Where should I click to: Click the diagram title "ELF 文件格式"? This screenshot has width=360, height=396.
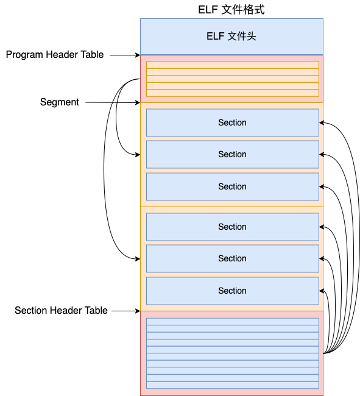[x=231, y=10]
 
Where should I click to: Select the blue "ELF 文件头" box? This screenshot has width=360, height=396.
[x=231, y=37]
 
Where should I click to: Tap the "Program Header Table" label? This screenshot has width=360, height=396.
[x=55, y=55]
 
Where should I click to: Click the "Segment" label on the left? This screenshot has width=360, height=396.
[x=60, y=102]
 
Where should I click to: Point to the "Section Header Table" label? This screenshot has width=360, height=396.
[x=61, y=310]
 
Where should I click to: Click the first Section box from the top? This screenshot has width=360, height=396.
[x=233, y=122]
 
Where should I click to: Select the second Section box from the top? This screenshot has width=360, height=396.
[x=233, y=154]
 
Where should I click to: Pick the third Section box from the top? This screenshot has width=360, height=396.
[x=233, y=186]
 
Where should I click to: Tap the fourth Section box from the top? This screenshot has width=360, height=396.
[x=233, y=227]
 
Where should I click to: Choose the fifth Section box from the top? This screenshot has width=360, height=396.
[x=233, y=258]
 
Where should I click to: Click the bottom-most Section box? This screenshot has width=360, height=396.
[x=233, y=291]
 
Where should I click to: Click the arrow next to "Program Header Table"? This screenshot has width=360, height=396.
[x=125, y=55]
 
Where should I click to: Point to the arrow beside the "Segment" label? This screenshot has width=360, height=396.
[x=113, y=102]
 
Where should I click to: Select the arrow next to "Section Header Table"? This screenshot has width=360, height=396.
[x=125, y=311]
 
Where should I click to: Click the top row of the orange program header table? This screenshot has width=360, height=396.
[x=233, y=65]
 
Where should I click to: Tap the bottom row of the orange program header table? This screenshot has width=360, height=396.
[x=233, y=93]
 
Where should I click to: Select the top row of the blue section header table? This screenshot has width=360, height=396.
[x=233, y=322]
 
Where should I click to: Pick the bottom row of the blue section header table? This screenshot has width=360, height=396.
[x=233, y=385]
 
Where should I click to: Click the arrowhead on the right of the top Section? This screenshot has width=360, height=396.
[x=322, y=122]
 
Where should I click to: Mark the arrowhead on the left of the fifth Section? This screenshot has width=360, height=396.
[x=138, y=259]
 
